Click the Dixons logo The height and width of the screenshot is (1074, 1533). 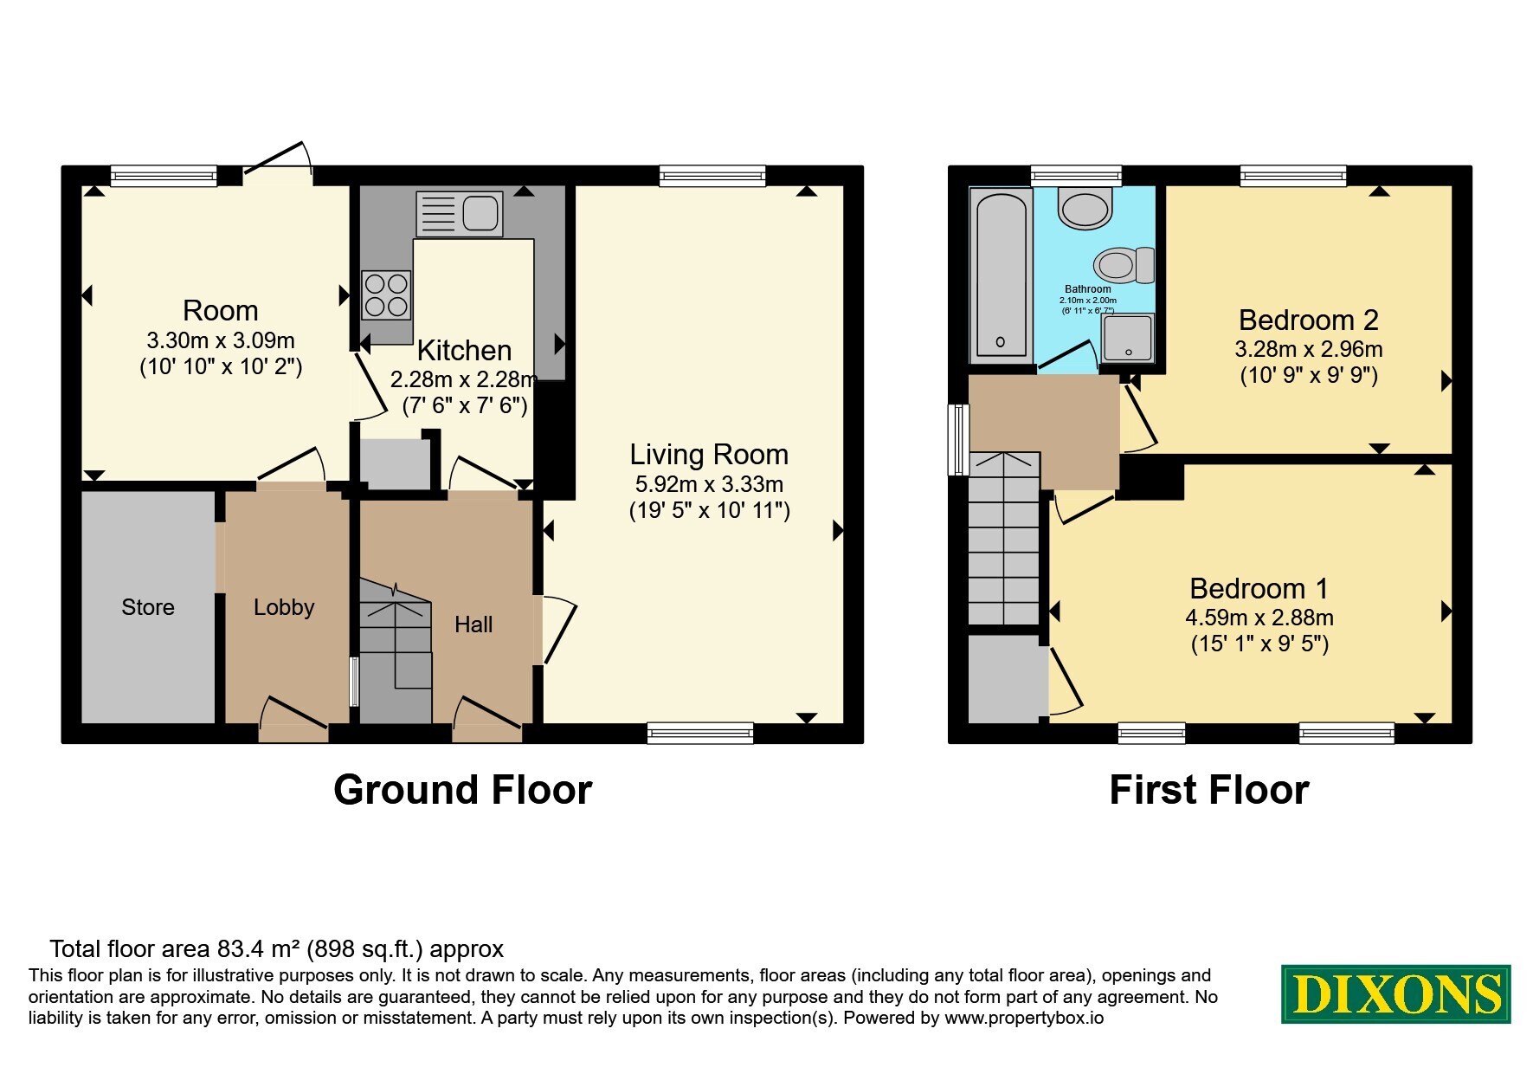pos(1395,994)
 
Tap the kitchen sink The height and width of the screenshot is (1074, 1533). pos(459,214)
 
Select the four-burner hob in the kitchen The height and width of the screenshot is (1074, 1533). pos(386,295)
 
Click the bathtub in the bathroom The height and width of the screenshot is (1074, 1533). pos(1001,275)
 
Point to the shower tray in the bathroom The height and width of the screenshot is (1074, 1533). pos(1128,337)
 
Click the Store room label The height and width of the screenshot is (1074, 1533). pos(148,607)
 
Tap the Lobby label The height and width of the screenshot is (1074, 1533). pos(284,607)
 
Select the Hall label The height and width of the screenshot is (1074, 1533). pos(473,624)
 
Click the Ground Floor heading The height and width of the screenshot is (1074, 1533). pos(463,790)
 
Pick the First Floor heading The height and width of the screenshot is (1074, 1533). pos(1209,790)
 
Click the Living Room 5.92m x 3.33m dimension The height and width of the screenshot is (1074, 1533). pos(710,484)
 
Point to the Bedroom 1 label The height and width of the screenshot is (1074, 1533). pos(1259,589)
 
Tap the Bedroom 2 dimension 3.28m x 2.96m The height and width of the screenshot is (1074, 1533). pos(1309,350)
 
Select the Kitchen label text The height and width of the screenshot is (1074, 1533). pos(465,351)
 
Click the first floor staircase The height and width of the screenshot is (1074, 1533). pos(1004,539)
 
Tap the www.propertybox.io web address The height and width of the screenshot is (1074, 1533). pos(1024,1018)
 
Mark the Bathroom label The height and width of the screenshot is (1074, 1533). pos(1088,289)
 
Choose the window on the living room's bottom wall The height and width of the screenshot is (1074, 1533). pos(700,734)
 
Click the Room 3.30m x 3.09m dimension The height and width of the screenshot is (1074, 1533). pos(221,340)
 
